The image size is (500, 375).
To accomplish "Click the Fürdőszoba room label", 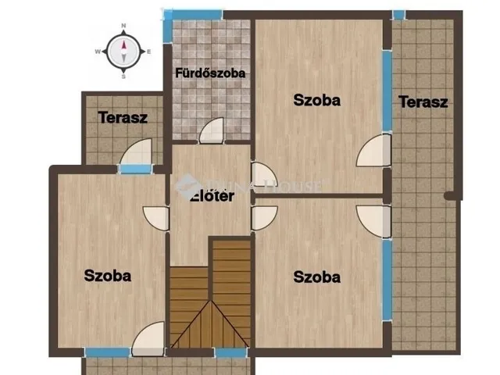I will point(210,73).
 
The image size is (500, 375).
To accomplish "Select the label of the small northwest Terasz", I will point(123,118).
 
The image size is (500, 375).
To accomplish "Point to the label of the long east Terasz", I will point(423,102).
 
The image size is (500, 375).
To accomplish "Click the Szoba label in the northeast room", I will point(317,100).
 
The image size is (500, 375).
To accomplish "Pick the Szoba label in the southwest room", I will point(108,276).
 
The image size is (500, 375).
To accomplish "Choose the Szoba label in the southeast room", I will point(317,277).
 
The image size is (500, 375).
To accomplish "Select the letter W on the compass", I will point(98,52).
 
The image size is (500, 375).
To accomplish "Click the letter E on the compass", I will point(148,52).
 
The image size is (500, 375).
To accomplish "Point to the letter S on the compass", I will point(123,76).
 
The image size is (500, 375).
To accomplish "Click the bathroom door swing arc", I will point(211,131).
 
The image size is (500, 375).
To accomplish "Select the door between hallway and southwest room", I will point(157,217).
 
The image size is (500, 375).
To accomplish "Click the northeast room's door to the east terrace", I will point(373,152).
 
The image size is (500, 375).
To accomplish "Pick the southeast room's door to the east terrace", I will point(373,220).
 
